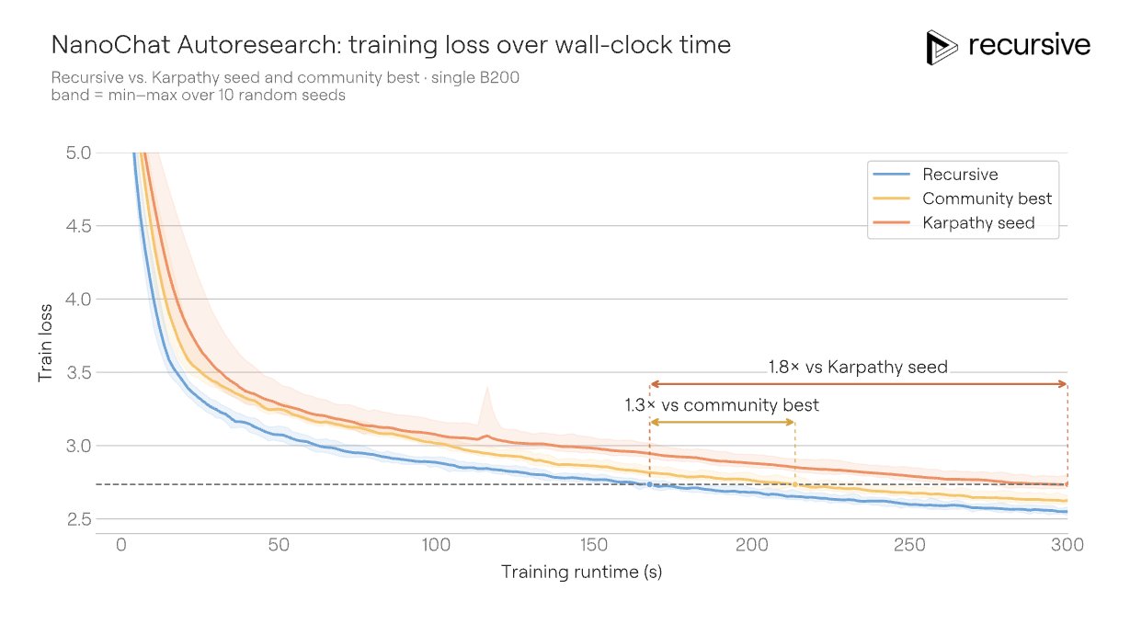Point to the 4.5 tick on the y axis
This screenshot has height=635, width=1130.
coord(79,226)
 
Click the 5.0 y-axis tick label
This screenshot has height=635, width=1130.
coord(79,153)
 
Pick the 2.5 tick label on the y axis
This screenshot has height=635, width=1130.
coord(79,519)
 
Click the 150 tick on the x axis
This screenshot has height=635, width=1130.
coord(594,545)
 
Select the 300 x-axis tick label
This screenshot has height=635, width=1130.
coord(1067,545)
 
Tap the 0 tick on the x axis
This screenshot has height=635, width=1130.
coord(121,545)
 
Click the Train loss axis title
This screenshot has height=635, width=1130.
coord(45,343)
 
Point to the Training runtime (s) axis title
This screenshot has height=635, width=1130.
coord(581,572)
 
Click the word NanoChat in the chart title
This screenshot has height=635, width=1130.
coord(110,44)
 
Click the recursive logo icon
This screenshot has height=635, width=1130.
coord(942,48)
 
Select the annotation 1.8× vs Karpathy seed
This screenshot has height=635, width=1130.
coord(858,367)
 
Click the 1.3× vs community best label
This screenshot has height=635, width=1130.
coord(722,405)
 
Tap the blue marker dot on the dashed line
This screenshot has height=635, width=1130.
coord(650,484)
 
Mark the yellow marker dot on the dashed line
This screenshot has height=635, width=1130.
coord(795,484)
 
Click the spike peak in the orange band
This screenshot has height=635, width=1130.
coord(486,388)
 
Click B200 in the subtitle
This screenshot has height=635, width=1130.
coord(499,78)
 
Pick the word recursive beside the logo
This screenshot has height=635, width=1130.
coord(1030,45)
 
